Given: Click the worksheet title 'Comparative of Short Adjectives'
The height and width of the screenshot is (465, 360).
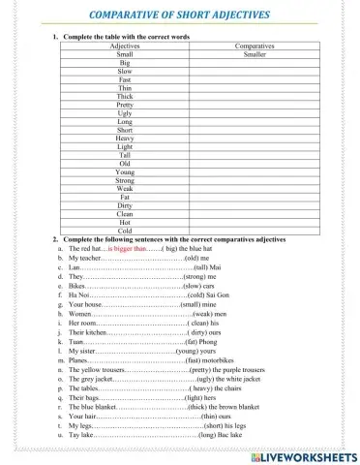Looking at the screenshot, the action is [180, 15].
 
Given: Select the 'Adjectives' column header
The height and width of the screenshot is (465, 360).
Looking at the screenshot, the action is [125, 46].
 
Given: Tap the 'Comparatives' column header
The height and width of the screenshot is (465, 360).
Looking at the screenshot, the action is [255, 46].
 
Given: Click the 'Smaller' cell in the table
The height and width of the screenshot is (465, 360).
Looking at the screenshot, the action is [255, 54].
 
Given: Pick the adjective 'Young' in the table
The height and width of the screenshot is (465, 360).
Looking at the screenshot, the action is [125, 171].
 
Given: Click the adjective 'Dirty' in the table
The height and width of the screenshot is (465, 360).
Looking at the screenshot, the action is [125, 205].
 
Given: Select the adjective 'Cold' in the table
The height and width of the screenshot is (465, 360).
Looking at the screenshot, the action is [125, 231].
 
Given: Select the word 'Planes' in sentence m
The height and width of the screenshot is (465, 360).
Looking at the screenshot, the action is [80, 359].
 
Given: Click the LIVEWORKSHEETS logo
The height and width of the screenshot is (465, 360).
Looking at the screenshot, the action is [303, 454].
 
